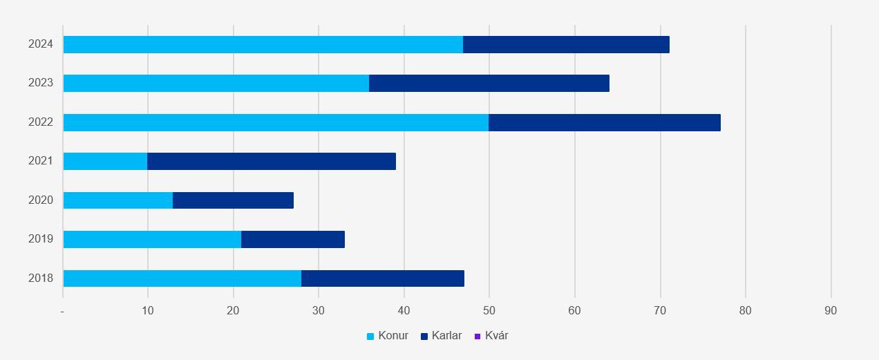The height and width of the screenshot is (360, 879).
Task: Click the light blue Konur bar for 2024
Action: tap(263, 44)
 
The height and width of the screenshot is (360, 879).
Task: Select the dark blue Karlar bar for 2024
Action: tap(566, 44)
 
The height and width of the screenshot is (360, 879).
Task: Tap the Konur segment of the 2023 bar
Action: tap(216, 83)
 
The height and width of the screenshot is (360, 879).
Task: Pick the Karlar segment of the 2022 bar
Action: tap(605, 122)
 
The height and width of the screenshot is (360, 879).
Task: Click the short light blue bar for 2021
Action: tap(105, 161)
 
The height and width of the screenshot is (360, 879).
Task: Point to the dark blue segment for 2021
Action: tap(272, 161)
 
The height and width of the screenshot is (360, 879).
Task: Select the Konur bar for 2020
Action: tap(117, 200)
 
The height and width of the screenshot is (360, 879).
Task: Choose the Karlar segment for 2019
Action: tap(293, 239)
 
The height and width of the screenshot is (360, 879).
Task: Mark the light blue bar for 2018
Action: tap(182, 278)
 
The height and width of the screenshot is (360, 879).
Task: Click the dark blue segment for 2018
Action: tap(383, 278)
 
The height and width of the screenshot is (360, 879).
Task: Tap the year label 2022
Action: tap(41, 122)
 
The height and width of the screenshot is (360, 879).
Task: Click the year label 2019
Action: tap(41, 239)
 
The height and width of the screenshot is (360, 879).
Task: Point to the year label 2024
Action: tap(41, 44)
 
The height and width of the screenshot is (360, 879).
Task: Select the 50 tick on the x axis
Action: tap(489, 311)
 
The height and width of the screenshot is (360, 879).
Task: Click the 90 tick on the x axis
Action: tap(831, 311)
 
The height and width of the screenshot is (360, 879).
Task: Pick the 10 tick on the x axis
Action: tap(148, 311)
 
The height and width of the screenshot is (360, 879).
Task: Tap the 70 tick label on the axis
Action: tap(660, 311)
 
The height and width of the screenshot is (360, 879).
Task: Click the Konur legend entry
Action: tap(388, 336)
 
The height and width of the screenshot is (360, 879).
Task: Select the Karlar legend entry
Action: tap(441, 336)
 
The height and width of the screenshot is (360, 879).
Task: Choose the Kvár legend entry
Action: tap(491, 336)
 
